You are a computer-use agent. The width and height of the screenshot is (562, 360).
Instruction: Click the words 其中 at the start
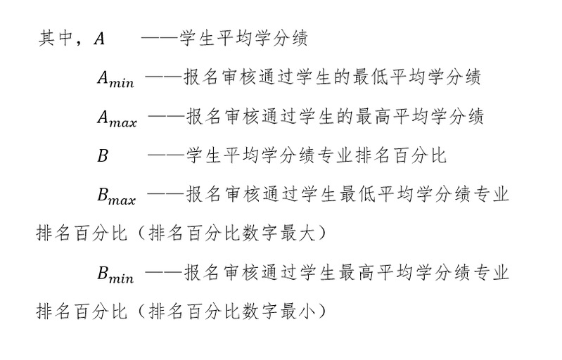point(56,38)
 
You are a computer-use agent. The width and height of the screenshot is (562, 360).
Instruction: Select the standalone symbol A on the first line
point(99,39)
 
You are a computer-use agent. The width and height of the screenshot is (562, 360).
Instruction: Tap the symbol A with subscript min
point(115,79)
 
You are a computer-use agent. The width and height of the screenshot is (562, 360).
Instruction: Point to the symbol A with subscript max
point(117,118)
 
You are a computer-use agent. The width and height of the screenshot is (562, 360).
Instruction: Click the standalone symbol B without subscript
point(103,156)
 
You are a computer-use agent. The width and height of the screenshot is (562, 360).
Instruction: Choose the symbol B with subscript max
point(117,196)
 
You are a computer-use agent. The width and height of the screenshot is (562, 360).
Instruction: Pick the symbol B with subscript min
point(115,274)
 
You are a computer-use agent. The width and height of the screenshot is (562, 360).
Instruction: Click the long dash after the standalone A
point(160,37)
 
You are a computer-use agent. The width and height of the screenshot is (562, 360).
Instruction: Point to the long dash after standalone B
point(166,155)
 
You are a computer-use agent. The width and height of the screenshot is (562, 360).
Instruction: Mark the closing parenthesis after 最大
point(322,233)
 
